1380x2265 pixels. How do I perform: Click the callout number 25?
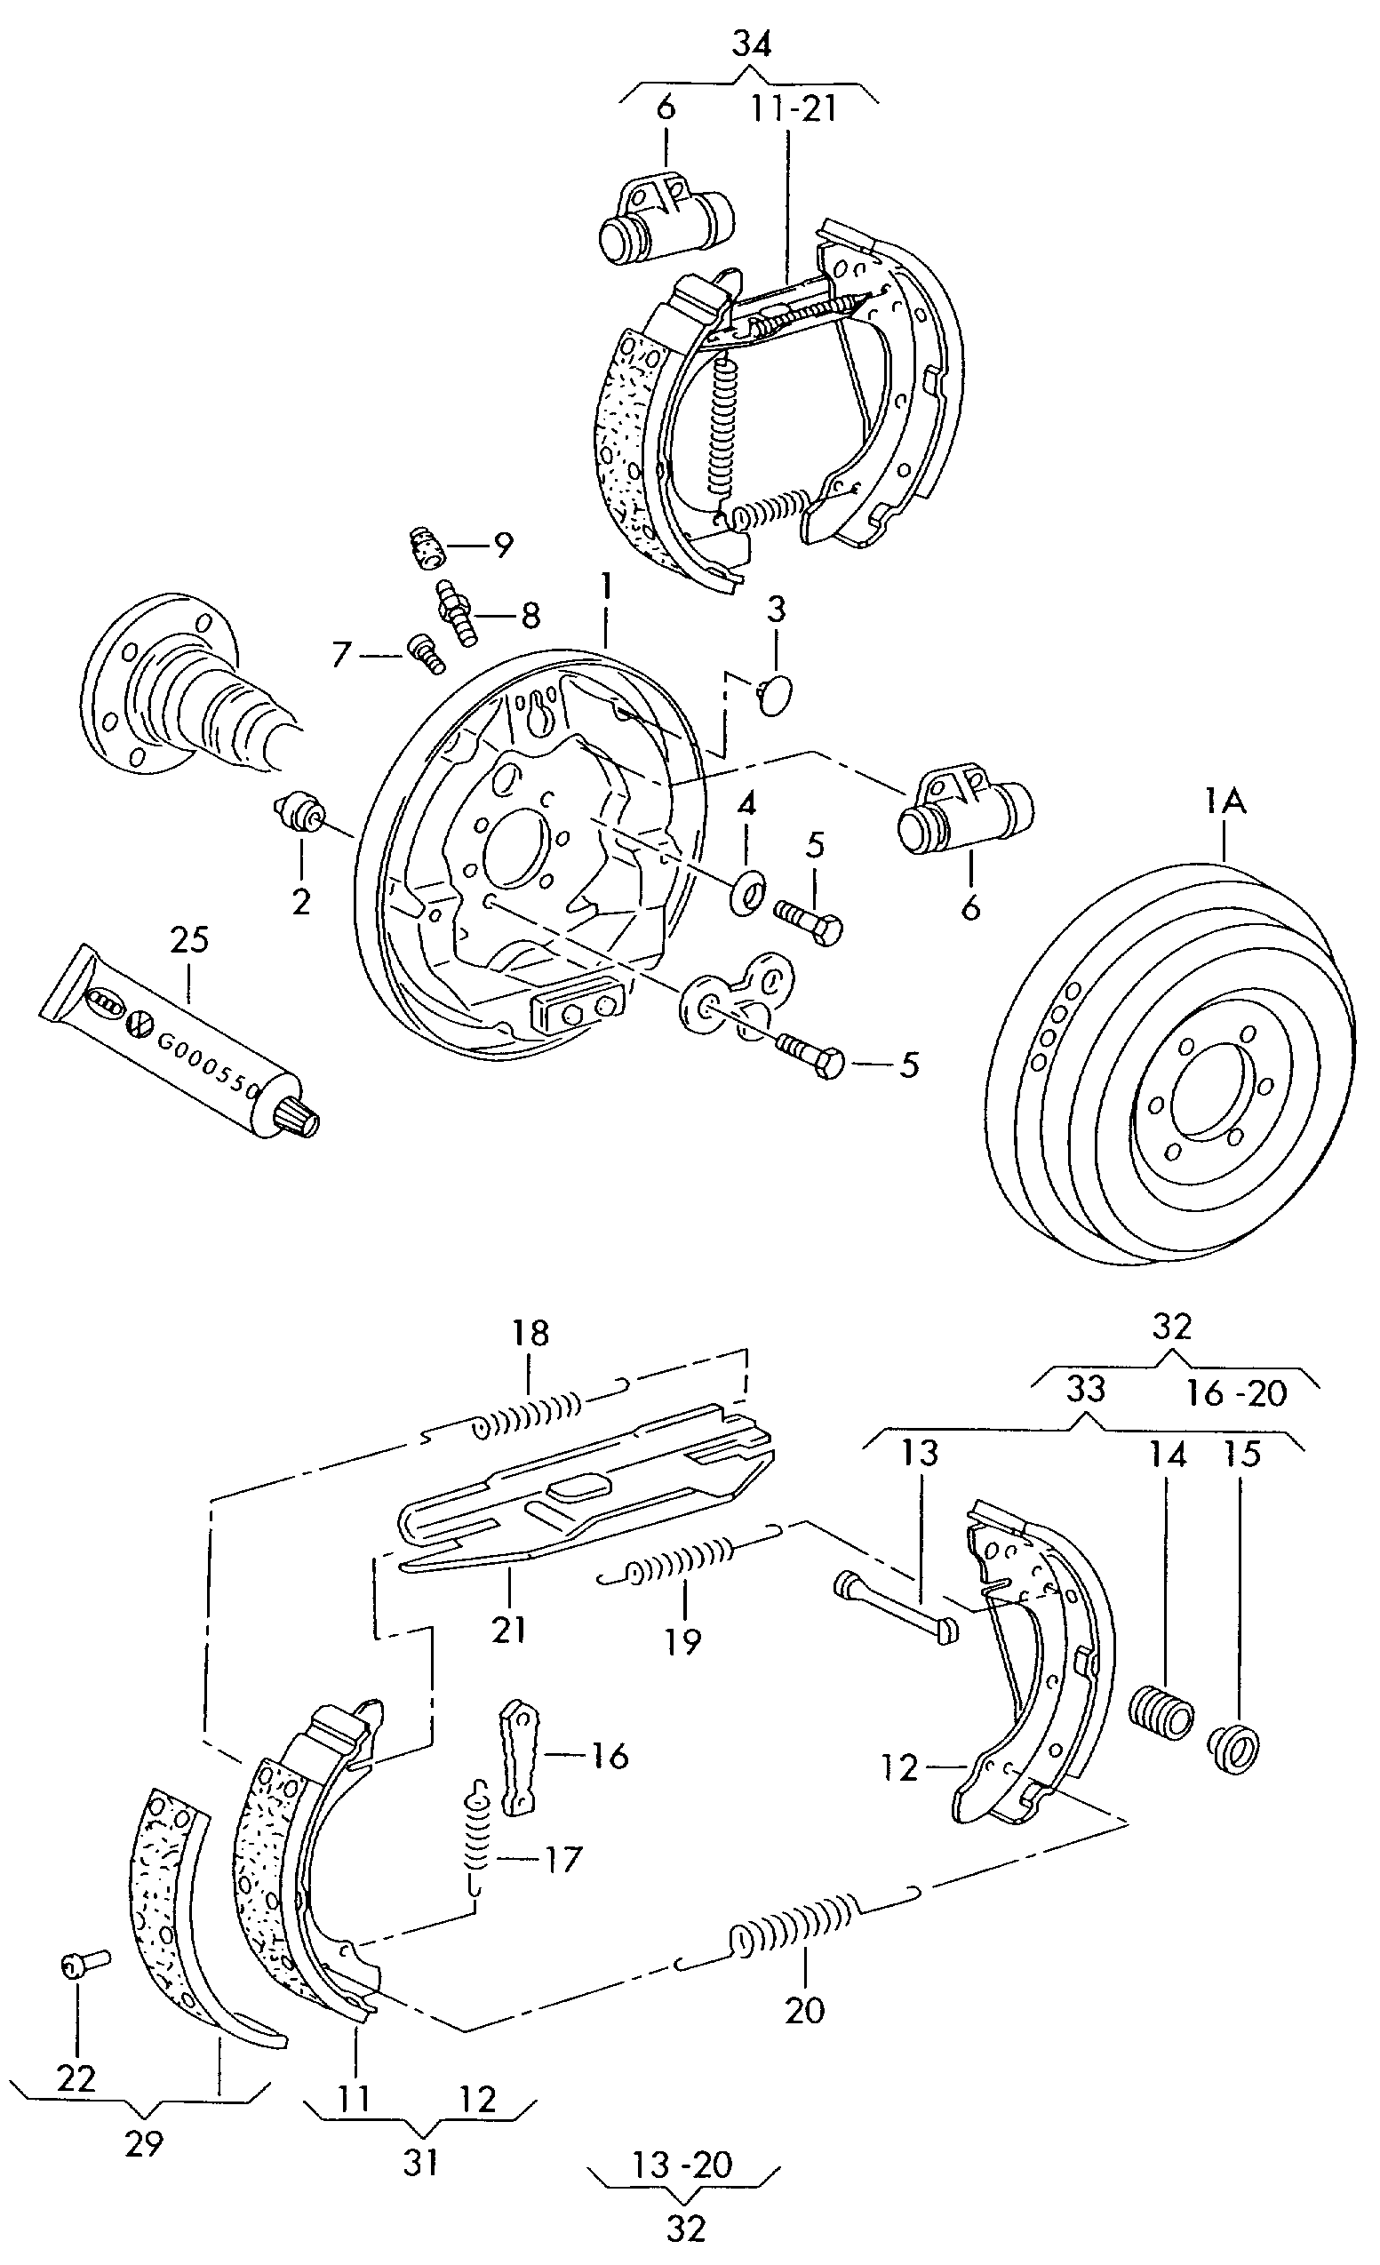(189, 939)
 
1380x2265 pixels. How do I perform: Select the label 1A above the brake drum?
(1225, 802)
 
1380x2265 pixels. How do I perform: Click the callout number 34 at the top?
(751, 44)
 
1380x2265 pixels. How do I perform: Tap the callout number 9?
(502, 545)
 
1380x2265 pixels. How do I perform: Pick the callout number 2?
(301, 902)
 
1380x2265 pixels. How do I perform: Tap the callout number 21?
(508, 1629)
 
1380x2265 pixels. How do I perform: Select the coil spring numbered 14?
(1161, 1712)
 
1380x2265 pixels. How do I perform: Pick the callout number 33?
(1085, 1388)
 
